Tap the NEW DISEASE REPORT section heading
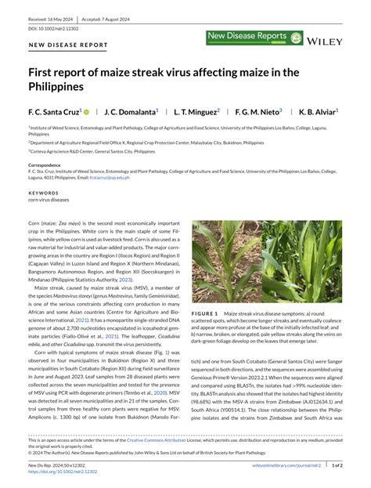(x=69, y=45)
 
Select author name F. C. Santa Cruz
(x=54, y=112)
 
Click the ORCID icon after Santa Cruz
(x=87, y=112)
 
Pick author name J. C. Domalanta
(x=130, y=112)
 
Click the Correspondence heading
(x=49, y=165)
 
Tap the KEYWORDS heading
(x=43, y=192)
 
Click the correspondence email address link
(x=109, y=179)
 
